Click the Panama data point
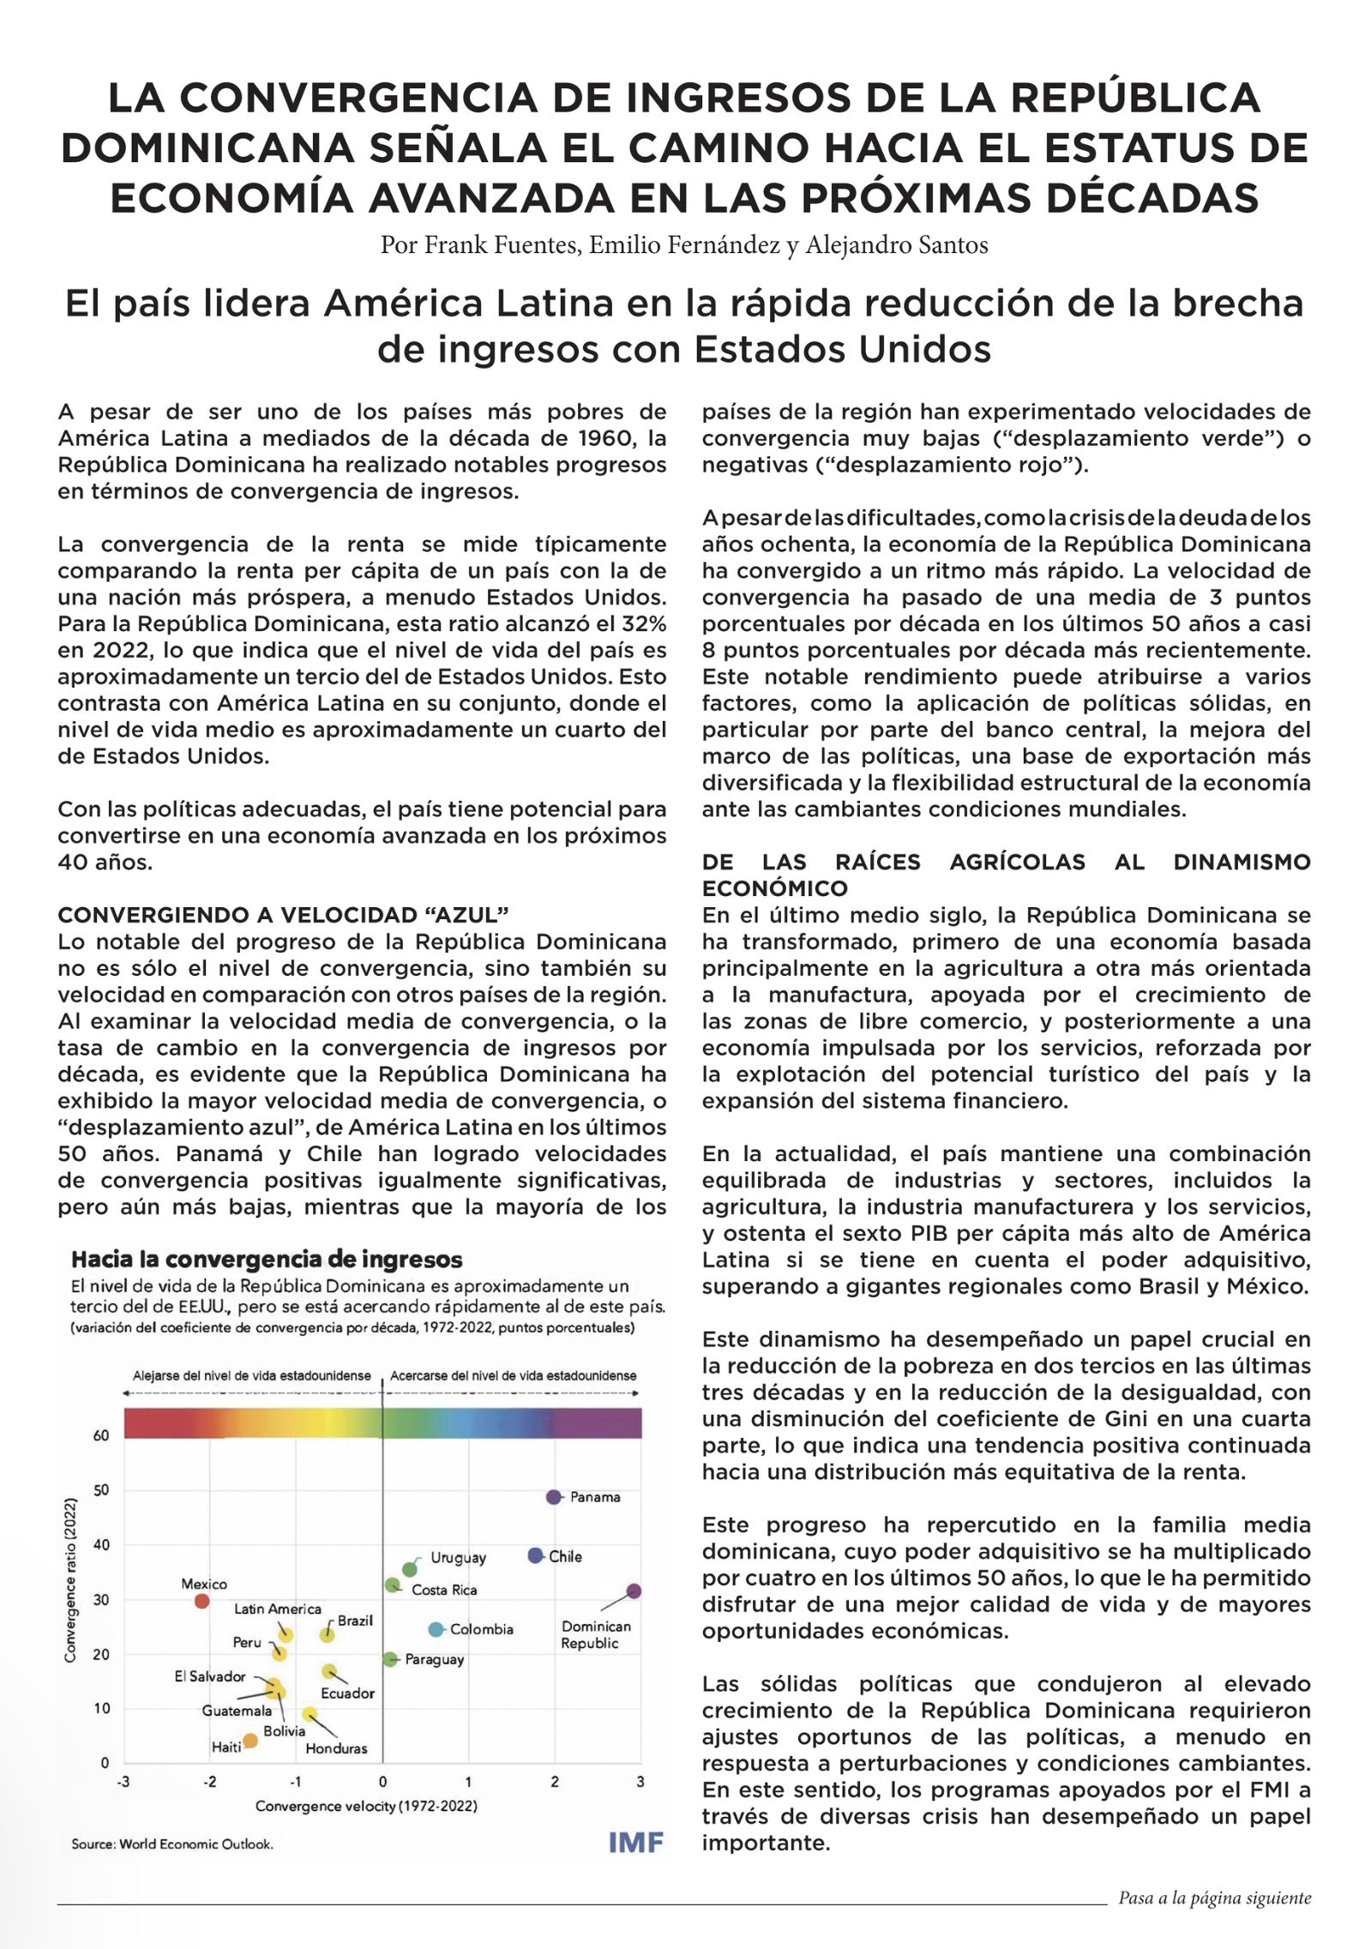[554, 1497]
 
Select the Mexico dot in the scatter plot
[201, 1601]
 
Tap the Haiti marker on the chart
[250, 1741]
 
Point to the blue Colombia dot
[436, 1629]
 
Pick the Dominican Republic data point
[634, 1591]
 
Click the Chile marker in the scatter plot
[535, 1555]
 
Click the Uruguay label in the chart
[458, 1557]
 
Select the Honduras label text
[336, 1748]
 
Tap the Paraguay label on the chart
[434, 1659]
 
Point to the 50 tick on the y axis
[101, 1490]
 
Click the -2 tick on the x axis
[210, 1782]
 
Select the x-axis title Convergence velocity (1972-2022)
[366, 1806]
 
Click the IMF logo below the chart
[635, 1842]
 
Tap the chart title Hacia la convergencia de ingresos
[267, 1260]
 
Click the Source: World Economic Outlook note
[172, 1844]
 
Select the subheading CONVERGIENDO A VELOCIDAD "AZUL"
[283, 915]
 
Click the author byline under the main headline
[683, 245]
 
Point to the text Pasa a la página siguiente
[1214, 1898]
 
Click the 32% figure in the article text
[646, 623]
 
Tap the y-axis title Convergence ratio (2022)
[70, 1580]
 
